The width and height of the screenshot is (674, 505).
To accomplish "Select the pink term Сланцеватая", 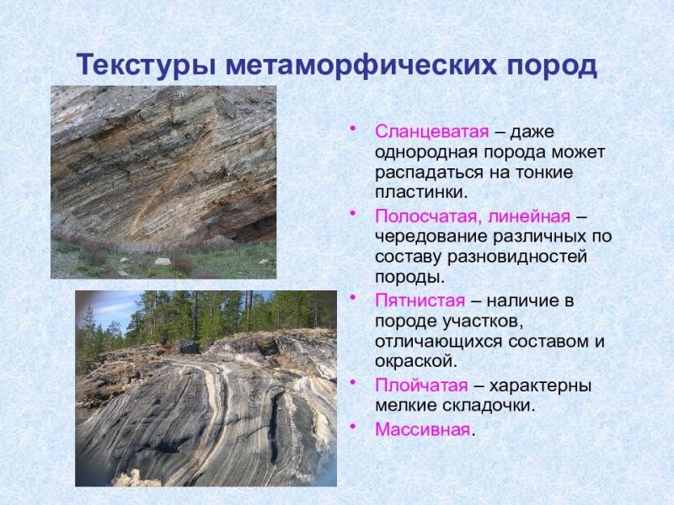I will click(x=431, y=132).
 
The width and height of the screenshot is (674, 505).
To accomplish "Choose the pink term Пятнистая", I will click(x=420, y=300).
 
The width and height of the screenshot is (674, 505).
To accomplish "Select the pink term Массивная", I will click(x=421, y=429).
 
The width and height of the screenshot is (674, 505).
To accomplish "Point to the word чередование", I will click(x=428, y=237).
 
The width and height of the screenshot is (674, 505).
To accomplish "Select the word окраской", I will click(x=414, y=361).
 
